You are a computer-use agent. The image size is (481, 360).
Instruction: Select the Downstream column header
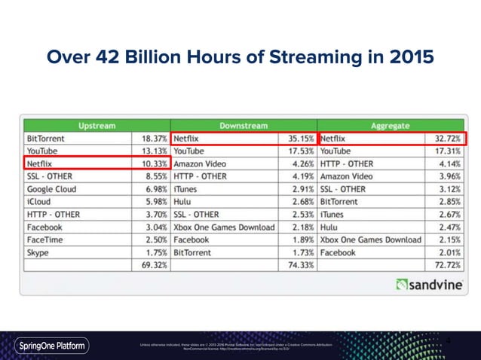[x=245, y=124]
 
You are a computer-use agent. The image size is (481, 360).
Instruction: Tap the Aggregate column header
[x=392, y=124]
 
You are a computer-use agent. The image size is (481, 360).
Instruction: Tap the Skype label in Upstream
[x=38, y=252]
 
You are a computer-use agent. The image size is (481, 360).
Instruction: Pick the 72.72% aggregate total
[x=449, y=265]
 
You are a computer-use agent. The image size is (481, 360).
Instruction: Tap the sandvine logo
[x=427, y=285]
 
